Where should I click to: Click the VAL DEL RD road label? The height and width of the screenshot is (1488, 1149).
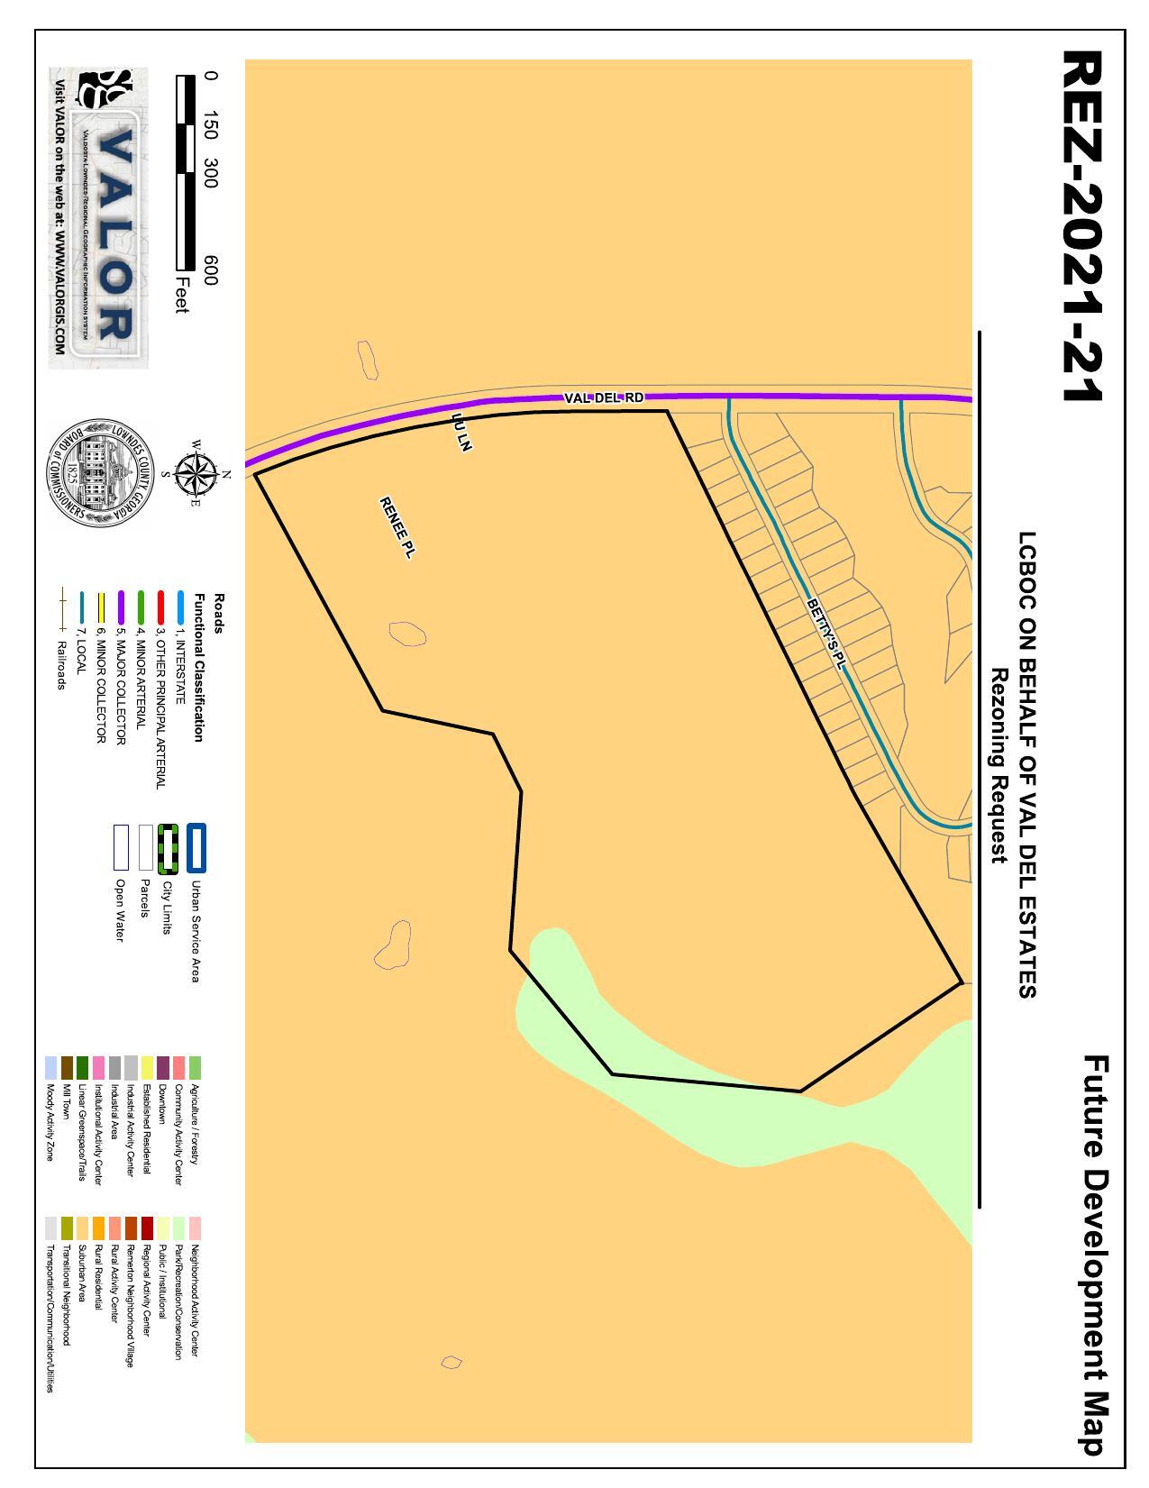pos(604,397)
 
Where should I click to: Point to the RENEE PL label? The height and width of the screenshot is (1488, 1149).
pos(397,528)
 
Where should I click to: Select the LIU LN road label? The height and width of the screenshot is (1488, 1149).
pos(461,433)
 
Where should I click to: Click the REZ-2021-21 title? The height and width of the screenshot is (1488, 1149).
pos(1082,225)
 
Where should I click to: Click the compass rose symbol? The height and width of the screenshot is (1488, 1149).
pos(194,474)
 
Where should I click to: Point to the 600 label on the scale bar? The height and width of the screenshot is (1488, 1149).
pos(210,269)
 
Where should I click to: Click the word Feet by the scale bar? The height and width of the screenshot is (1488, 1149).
pos(183,295)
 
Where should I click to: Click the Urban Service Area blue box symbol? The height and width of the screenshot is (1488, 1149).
pos(196,847)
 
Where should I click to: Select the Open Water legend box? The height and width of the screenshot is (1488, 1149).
pos(121,847)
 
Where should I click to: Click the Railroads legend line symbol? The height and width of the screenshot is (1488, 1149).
pos(63,609)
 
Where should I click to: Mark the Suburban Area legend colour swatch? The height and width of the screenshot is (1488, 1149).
pos(83,1228)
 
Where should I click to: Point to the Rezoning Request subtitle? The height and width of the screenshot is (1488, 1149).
pos(998,765)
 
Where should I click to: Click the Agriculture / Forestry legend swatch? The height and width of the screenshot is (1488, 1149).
pos(196,1068)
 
